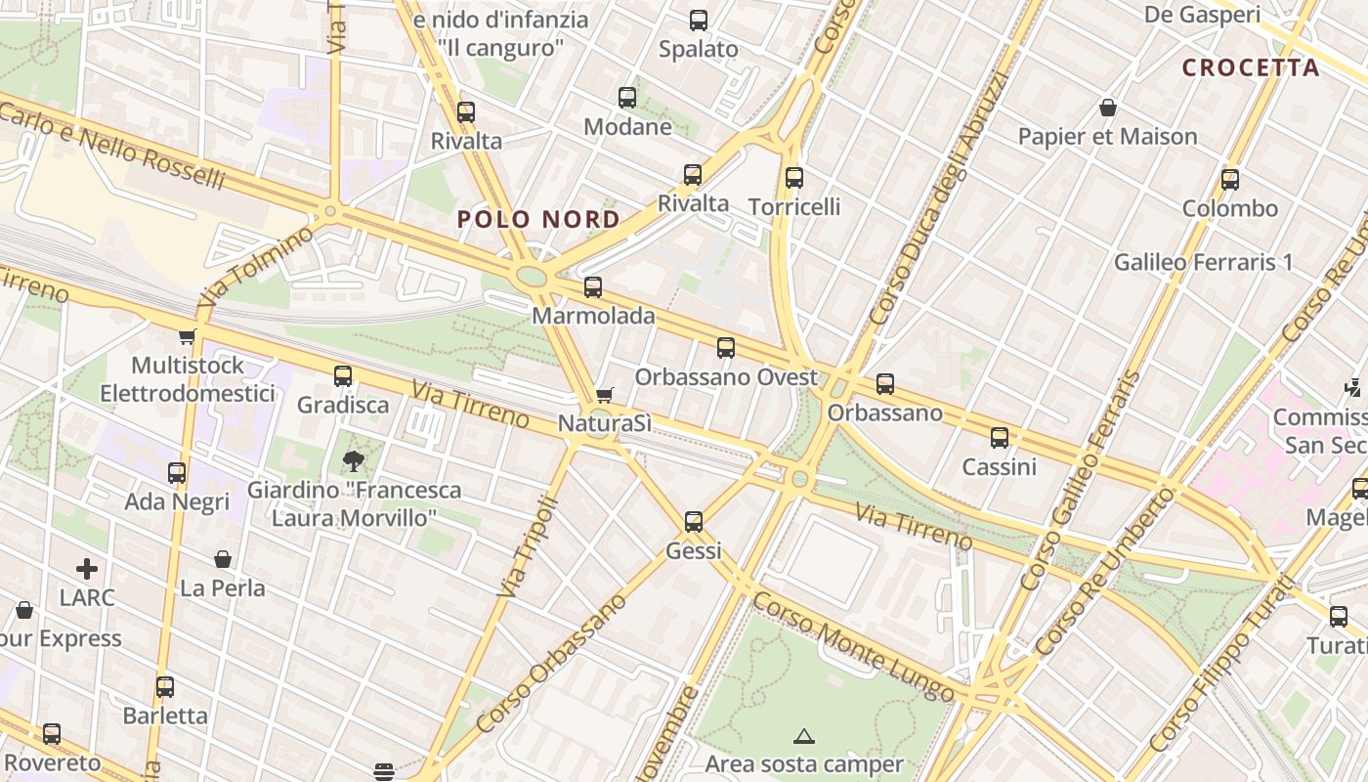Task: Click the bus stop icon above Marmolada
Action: pyautogui.click(x=593, y=287)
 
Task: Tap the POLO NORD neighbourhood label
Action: pyautogui.click(x=538, y=219)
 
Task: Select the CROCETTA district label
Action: pyautogui.click(x=1251, y=67)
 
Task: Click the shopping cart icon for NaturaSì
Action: pyautogui.click(x=605, y=395)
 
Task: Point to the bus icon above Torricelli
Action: pyautogui.click(x=794, y=178)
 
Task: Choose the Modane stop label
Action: pyautogui.click(x=627, y=127)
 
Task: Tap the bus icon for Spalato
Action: pyautogui.click(x=699, y=21)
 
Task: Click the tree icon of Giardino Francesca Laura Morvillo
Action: pyautogui.click(x=353, y=460)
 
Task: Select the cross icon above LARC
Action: pyautogui.click(x=87, y=568)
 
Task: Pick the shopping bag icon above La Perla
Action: pyautogui.click(x=223, y=559)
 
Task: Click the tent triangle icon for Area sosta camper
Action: pyautogui.click(x=804, y=736)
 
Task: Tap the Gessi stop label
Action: pyautogui.click(x=694, y=551)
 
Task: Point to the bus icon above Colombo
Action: pyautogui.click(x=1230, y=180)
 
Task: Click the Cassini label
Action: pyautogui.click(x=999, y=467)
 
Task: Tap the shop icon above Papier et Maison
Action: pyautogui.click(x=1108, y=108)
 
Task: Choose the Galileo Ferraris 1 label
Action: pyautogui.click(x=1203, y=262)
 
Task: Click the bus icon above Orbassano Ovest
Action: pyautogui.click(x=725, y=348)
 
